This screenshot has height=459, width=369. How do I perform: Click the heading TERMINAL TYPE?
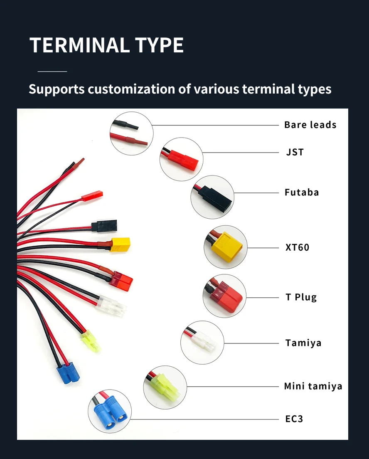click(106, 45)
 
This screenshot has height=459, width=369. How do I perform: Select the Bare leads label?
click(310, 125)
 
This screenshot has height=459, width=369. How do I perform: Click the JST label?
click(295, 152)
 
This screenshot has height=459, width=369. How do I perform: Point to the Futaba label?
click(302, 192)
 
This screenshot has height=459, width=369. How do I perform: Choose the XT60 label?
click(297, 247)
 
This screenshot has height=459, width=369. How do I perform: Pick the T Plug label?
click(301, 297)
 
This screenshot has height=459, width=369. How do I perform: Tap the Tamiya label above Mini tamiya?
click(303, 343)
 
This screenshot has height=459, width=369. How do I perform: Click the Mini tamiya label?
click(313, 386)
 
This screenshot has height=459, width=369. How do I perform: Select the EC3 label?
click(294, 419)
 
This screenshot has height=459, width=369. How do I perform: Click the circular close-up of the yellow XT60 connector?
click(225, 247)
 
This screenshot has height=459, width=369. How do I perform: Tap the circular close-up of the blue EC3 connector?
click(110, 411)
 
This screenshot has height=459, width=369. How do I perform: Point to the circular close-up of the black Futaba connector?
click(212, 197)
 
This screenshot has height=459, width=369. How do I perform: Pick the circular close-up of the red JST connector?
click(181, 159)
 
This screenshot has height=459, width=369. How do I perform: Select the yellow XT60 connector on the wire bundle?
click(120, 244)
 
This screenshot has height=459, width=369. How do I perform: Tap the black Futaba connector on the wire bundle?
click(104, 226)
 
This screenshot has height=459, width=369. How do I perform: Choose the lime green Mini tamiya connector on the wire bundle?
click(90, 341)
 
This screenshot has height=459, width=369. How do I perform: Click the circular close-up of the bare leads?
click(132, 133)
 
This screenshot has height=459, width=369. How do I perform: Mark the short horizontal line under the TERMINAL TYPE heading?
click(52, 72)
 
